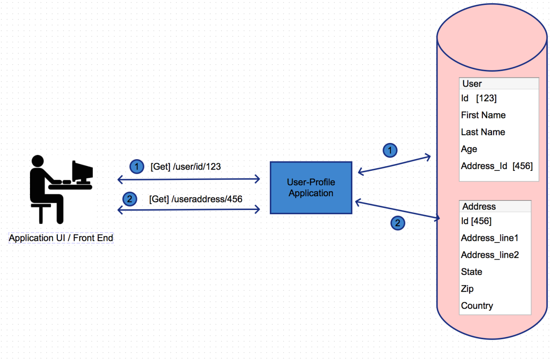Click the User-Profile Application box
click(311, 187)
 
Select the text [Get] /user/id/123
click(186, 167)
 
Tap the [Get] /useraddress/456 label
click(196, 199)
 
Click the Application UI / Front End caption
click(61, 238)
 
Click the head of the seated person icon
click(37, 161)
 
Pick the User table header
click(472, 84)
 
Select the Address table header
click(479, 207)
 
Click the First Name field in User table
click(483, 115)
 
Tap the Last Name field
click(483, 132)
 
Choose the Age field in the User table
click(469, 149)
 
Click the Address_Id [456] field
click(497, 166)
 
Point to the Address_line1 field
click(490, 238)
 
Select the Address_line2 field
click(490, 255)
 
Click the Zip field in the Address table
click(467, 289)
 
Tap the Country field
click(477, 306)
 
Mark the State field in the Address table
click(472, 272)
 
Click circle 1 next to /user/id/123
click(137, 167)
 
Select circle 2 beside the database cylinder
click(398, 223)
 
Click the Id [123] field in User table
click(479, 98)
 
